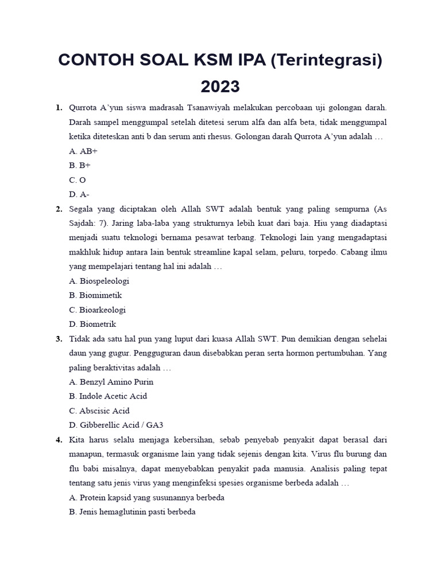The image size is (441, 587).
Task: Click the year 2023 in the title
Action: tap(220, 87)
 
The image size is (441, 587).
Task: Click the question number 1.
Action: tap(59, 108)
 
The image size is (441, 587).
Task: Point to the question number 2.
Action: tap(59, 209)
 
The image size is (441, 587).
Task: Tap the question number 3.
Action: tap(59, 339)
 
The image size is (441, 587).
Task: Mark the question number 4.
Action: tap(59, 440)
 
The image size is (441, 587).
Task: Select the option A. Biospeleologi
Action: tap(99, 281)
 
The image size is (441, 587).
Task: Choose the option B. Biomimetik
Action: tap(95, 295)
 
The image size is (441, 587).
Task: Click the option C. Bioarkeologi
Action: tap(97, 310)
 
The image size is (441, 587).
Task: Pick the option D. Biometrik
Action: tap(92, 324)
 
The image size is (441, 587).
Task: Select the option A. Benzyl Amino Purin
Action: tap(111, 382)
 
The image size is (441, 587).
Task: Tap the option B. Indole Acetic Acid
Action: tap(108, 396)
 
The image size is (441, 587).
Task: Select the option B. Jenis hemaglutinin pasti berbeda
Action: tap(132, 512)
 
